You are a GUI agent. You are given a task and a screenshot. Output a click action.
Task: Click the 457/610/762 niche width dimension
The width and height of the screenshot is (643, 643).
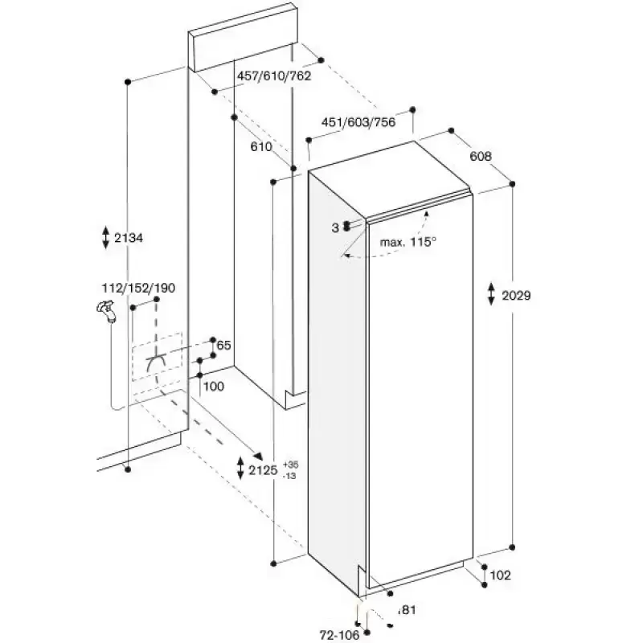click(274, 76)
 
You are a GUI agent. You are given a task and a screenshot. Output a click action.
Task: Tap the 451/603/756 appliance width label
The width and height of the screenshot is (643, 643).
click(358, 122)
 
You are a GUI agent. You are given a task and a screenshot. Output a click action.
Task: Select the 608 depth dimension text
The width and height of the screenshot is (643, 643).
click(480, 156)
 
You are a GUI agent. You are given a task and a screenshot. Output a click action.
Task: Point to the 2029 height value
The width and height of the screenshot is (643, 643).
click(516, 295)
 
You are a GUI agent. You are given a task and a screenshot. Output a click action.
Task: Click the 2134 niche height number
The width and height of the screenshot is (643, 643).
click(129, 237)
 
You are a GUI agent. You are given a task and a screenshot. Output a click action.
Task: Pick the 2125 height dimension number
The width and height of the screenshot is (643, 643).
click(263, 470)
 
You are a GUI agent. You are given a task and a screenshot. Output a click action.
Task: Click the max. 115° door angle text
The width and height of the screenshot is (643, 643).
click(408, 242)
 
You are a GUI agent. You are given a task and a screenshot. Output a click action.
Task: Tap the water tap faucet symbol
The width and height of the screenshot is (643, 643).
click(106, 311)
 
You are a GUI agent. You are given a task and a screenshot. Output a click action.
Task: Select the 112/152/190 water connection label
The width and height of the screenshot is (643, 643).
click(138, 288)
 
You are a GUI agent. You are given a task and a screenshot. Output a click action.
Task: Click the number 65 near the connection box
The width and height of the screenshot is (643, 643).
click(223, 346)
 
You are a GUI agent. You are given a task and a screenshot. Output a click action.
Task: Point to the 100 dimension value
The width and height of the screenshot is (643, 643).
click(214, 387)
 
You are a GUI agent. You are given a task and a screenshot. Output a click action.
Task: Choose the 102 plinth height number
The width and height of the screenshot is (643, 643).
click(500, 575)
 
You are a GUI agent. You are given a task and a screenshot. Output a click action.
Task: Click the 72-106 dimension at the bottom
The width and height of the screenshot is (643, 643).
click(339, 635)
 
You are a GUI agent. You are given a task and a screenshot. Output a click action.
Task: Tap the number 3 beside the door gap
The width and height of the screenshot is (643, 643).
click(335, 228)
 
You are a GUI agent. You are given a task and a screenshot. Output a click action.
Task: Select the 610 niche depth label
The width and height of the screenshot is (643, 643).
click(261, 146)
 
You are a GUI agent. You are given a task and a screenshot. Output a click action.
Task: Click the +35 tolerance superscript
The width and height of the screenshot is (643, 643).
click(290, 465)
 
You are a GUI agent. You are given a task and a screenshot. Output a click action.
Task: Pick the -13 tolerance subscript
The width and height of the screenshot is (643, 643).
click(289, 476)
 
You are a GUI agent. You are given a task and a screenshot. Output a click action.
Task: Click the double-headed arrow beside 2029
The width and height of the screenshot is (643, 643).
click(491, 293)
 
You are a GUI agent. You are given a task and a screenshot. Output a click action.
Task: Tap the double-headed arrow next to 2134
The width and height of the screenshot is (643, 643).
click(106, 237)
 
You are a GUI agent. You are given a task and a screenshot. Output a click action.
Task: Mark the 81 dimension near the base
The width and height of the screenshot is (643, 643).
click(407, 610)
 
